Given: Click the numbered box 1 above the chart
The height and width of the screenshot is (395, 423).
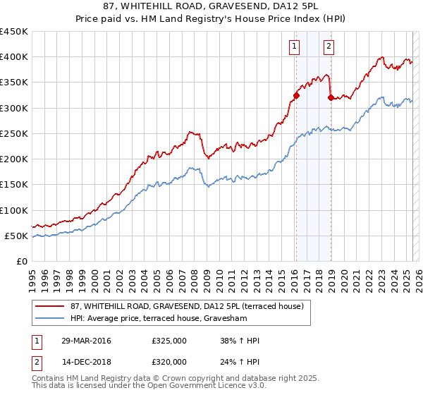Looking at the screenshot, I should pyautogui.click(x=294, y=47).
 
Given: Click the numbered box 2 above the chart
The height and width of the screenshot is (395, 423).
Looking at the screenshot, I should pyautogui.click(x=329, y=47).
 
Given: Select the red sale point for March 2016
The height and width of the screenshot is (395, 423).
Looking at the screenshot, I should pyautogui.click(x=296, y=95).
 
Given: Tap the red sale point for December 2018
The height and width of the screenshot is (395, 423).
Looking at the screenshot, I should pyautogui.click(x=331, y=98).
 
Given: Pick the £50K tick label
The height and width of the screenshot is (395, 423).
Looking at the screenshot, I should pyautogui.click(x=17, y=236).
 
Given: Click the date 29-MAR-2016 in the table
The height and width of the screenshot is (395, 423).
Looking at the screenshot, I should pyautogui.click(x=85, y=341).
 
